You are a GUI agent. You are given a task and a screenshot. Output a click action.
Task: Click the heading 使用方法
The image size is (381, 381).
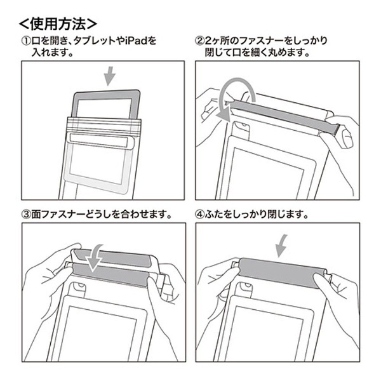coord(58,24)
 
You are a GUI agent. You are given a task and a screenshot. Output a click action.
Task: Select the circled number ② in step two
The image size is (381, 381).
coord(200,41)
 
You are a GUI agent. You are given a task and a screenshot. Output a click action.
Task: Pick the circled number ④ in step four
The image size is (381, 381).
coord(200,215)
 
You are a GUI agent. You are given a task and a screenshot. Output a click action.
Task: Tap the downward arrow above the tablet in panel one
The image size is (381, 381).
coord(110,76)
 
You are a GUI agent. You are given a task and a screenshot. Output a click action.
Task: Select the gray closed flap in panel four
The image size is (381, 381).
coord(282,272)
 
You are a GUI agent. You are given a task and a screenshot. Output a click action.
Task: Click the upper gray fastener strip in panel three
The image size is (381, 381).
coord(112,258)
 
